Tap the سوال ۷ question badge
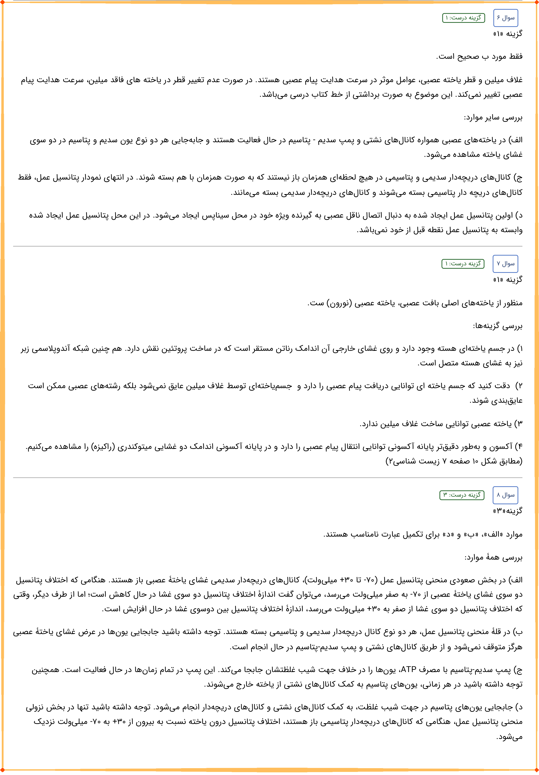(x=505, y=264)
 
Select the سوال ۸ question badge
(x=505, y=495)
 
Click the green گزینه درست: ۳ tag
(x=462, y=495)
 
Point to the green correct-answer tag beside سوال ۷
(x=463, y=264)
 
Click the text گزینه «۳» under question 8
(x=508, y=511)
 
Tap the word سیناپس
(x=215, y=215)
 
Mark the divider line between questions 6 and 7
(x=268, y=246)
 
